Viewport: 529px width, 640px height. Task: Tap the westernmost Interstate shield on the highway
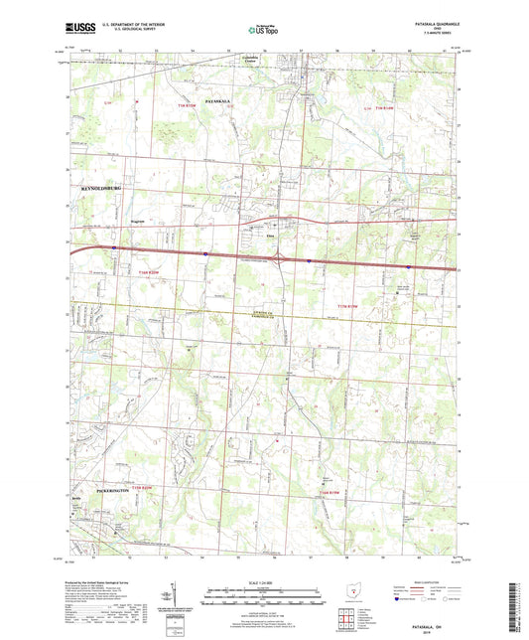[113, 248]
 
